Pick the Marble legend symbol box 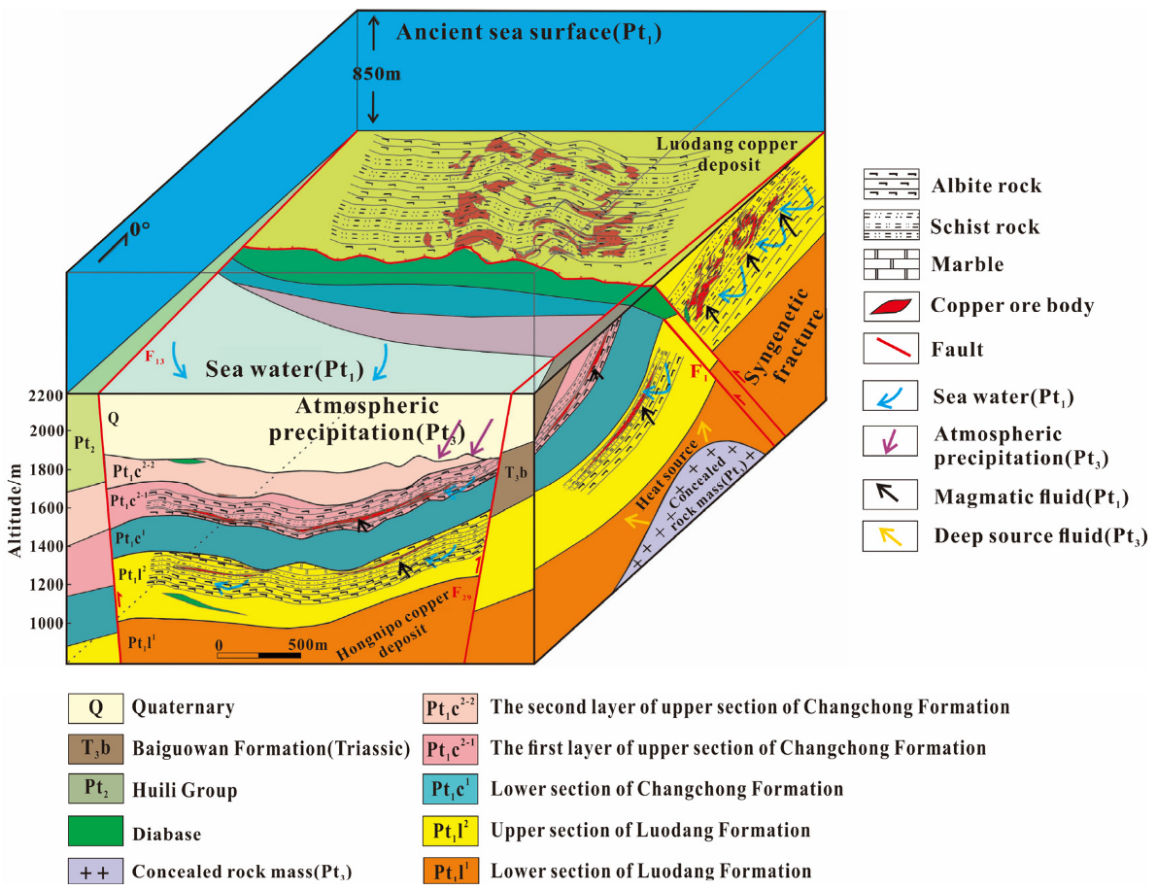pyautogui.click(x=891, y=264)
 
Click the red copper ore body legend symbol pyautogui.click(x=891, y=305)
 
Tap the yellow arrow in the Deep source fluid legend pyautogui.click(x=891, y=535)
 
